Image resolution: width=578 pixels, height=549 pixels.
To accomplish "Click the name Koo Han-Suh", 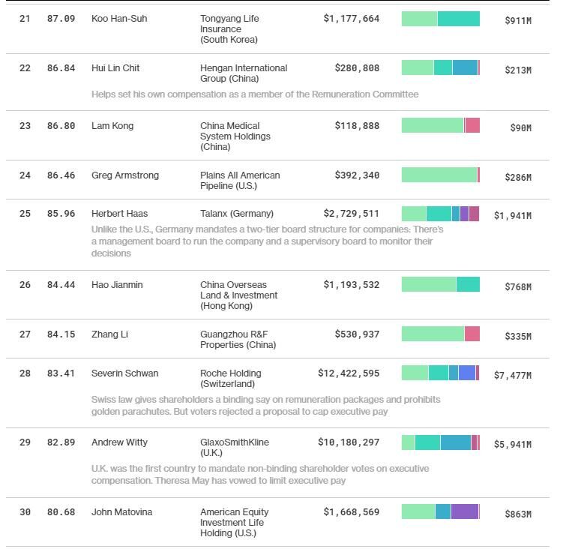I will [119, 19].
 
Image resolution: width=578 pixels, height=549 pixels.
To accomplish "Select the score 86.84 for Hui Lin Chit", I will [61, 68].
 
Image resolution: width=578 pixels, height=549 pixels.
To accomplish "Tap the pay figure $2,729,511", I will [352, 214].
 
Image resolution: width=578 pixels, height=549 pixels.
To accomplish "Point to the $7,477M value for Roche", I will [512, 376].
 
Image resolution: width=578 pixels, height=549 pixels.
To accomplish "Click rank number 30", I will [25, 512].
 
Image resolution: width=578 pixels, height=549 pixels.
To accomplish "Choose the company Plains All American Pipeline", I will [240, 181].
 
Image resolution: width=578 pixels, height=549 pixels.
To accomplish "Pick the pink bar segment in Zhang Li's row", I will [472, 334].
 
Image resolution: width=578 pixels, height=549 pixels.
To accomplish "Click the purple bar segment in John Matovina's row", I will [464, 511].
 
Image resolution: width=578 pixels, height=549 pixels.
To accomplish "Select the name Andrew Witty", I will [119, 442].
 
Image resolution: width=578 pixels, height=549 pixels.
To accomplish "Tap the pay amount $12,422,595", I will [349, 373].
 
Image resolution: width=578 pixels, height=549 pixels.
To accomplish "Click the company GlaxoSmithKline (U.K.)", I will [235, 448].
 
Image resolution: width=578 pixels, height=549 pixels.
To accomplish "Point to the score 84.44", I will [61, 285].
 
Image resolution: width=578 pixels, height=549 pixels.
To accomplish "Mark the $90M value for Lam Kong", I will [520, 128].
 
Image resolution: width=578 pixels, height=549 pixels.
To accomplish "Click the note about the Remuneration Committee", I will [255, 94].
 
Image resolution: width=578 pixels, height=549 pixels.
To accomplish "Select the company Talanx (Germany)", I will [237, 214].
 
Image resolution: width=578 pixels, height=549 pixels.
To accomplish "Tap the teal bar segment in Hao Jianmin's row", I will [468, 284].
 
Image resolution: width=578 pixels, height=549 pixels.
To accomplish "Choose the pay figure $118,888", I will [357, 126].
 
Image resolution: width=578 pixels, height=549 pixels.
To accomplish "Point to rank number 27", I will [25, 334].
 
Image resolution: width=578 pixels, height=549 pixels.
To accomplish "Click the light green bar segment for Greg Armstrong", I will [439, 175].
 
